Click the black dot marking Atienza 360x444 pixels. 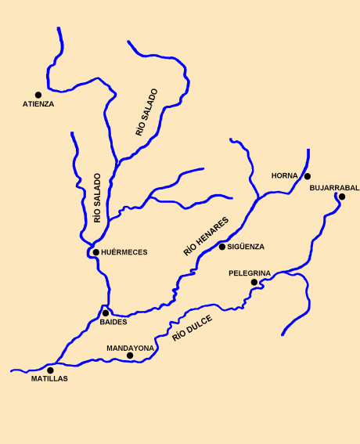click(x=38, y=95)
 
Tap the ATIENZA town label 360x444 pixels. click(x=38, y=104)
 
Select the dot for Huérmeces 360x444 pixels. click(x=95, y=252)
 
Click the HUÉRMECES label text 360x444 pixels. click(x=124, y=252)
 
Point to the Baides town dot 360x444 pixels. click(x=106, y=312)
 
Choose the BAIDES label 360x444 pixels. click(x=114, y=322)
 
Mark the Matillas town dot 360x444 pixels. click(x=51, y=370)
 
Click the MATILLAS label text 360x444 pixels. click(x=49, y=379)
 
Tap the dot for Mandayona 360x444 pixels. click(x=130, y=356)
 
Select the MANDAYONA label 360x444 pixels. click(x=130, y=347)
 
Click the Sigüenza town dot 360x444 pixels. click(x=222, y=247)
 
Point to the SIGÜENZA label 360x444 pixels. click(x=247, y=247)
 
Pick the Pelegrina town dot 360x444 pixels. click(x=254, y=282)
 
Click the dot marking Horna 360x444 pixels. click(x=308, y=176)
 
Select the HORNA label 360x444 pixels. click(x=285, y=175)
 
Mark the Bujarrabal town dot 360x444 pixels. click(x=341, y=197)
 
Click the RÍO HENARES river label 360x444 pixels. click(x=206, y=236)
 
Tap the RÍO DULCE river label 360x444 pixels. click(x=193, y=325)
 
